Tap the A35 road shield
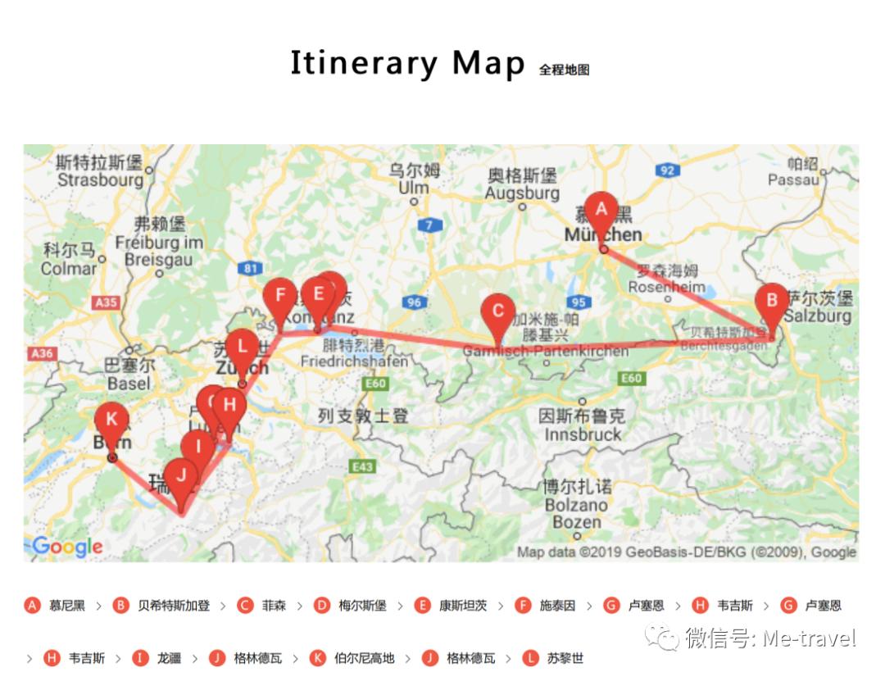[107, 303]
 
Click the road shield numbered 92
[668, 170]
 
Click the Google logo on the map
[67, 547]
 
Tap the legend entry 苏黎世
[565, 658]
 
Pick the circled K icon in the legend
[318, 658]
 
